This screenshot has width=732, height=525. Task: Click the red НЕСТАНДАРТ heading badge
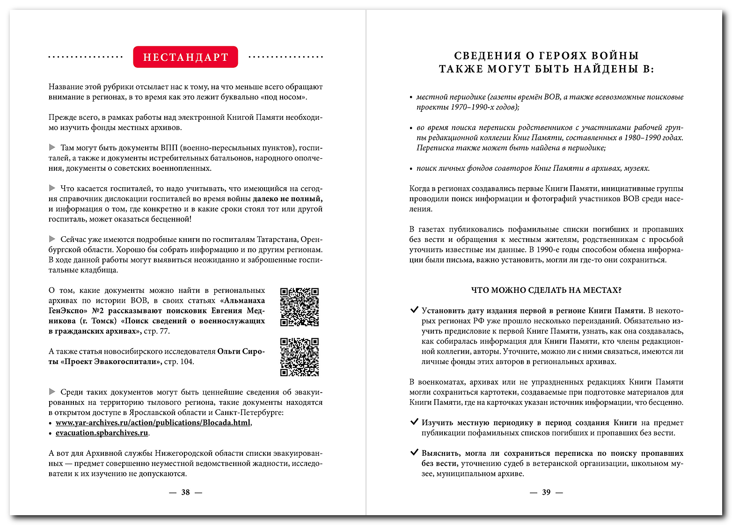(x=185, y=57)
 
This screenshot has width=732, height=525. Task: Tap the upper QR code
(x=299, y=307)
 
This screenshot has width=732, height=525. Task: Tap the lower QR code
(x=299, y=357)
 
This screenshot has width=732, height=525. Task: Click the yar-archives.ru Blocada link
(x=153, y=423)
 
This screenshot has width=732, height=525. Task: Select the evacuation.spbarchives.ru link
(x=102, y=433)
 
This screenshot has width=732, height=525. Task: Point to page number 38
(x=185, y=492)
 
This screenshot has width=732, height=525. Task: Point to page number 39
(x=546, y=492)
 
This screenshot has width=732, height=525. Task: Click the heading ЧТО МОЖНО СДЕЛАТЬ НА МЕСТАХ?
(x=546, y=290)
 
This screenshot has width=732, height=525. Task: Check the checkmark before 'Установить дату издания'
(x=414, y=310)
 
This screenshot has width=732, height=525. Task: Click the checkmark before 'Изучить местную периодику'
(x=414, y=422)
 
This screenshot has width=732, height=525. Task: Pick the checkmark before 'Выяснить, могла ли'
(x=414, y=452)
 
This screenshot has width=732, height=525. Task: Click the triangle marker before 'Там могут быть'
(x=52, y=147)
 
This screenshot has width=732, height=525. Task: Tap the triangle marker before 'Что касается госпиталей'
(x=52, y=188)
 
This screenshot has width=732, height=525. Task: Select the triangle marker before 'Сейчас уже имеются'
(x=52, y=239)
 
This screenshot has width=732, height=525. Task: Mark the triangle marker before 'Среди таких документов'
(x=52, y=392)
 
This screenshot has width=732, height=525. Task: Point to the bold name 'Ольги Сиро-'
(x=241, y=351)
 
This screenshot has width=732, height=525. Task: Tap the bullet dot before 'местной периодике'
(x=411, y=97)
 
